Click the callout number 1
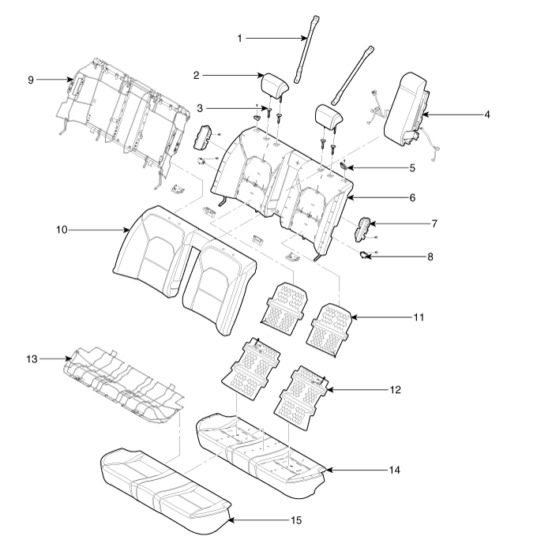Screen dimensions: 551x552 click(242, 37)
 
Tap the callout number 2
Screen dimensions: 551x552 click(197, 76)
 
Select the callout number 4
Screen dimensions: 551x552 click(487, 115)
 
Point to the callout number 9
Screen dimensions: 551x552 click(31, 80)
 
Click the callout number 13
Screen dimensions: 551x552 click(31, 358)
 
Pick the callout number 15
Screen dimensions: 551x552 click(295, 520)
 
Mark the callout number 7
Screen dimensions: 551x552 click(434, 223)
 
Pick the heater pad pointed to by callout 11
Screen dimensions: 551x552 click(332, 320)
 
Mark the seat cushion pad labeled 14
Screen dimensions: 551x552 click(261, 450)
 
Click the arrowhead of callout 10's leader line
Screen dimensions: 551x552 click(131, 230)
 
